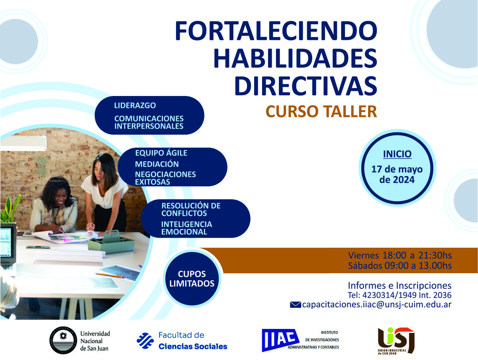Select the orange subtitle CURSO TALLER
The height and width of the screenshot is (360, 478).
pyautogui.click(x=321, y=112)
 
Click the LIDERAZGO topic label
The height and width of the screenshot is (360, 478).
pyautogui.click(x=135, y=106)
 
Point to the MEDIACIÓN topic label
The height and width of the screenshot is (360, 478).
pyautogui.click(x=157, y=164)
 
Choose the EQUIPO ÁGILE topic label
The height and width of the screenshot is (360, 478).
pyautogui.click(x=161, y=153)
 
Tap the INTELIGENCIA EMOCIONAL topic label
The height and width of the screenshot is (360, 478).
pyautogui.click(x=186, y=228)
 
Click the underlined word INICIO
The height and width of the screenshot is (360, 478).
pyautogui.click(x=397, y=154)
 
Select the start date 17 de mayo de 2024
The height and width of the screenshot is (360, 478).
pyautogui.click(x=397, y=174)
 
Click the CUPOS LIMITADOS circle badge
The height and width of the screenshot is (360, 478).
pyautogui.click(x=192, y=279)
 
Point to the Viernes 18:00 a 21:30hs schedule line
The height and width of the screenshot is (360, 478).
pyautogui.click(x=400, y=255)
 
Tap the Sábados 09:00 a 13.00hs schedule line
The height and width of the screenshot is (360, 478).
pyautogui.click(x=400, y=266)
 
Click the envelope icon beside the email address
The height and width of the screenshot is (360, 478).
pyautogui.click(x=295, y=305)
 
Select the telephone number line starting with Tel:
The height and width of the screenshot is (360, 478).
pyautogui.click(x=400, y=295)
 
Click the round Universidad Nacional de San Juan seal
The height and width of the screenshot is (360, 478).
pyautogui.click(x=63, y=340)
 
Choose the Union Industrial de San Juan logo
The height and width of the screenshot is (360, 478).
pyautogui.click(x=396, y=340)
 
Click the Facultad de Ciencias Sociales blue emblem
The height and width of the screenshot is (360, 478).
pyautogui.click(x=145, y=340)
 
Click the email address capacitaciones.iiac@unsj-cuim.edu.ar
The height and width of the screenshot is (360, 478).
pyautogui.click(x=377, y=305)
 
